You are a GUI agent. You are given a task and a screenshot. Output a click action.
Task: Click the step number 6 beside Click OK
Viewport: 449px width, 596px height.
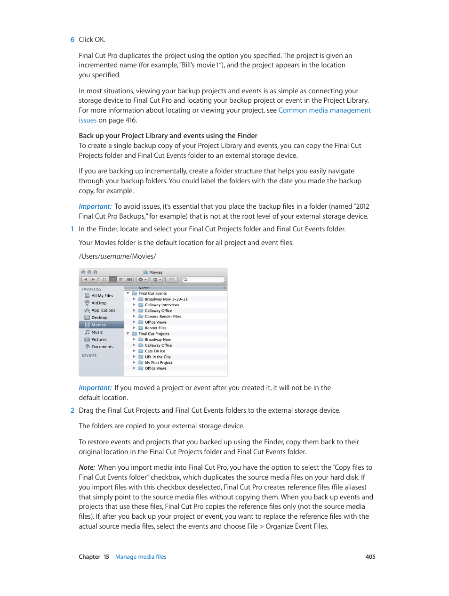coord(72,40)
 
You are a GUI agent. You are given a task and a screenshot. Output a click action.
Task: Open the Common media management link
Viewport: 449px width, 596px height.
coord(324,110)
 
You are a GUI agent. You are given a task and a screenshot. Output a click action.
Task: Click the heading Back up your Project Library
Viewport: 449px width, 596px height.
coord(168,136)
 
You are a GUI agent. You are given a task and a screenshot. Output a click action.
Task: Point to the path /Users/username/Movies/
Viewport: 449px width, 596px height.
coord(117,256)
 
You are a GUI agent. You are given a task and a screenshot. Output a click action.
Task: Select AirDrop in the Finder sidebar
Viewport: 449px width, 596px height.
coord(99,303)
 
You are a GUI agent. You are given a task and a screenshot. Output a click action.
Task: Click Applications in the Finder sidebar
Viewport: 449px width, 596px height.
coord(103,310)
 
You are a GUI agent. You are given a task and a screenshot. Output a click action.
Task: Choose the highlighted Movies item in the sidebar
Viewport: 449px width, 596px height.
coord(98,325)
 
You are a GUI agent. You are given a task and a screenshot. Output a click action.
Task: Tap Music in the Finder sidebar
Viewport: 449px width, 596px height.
coord(97,332)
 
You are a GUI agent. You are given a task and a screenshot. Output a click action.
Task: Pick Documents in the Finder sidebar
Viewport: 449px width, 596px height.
coord(102,347)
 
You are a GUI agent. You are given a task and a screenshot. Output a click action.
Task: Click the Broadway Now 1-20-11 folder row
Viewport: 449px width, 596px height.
coord(166,299)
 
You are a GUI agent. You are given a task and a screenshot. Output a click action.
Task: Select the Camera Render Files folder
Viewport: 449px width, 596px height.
coord(163,317)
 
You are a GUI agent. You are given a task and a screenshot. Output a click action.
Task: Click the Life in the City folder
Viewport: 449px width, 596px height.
coord(158,357)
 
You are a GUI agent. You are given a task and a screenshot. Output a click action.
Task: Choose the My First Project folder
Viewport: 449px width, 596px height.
coord(158,363)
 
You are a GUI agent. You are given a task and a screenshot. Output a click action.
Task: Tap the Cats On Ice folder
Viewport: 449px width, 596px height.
coord(155,351)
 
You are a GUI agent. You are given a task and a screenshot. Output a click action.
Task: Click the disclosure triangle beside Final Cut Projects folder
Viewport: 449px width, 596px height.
coord(128,334)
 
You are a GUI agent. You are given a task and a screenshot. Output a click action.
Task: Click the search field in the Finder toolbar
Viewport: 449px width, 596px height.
coord(204,279)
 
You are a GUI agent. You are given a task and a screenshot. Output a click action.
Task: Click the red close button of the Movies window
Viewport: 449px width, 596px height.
coord(83,272)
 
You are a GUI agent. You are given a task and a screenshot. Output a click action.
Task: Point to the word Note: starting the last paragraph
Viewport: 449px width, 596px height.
coord(87,467)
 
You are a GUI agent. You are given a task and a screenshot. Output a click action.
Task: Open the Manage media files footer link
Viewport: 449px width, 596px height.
coord(141,557)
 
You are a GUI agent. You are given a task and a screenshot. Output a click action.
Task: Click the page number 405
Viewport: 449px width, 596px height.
coord(370,557)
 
